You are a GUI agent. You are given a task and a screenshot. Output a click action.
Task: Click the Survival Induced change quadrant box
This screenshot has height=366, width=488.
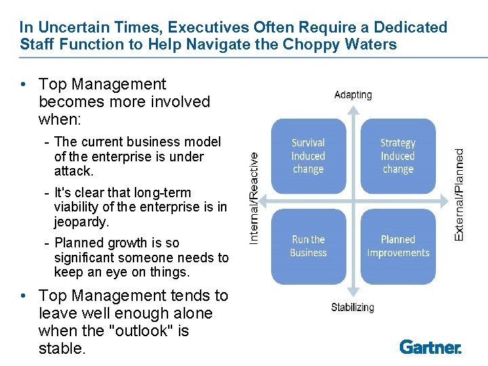(x=308, y=156)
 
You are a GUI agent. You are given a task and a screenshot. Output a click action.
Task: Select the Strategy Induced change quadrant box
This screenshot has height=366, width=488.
(x=398, y=156)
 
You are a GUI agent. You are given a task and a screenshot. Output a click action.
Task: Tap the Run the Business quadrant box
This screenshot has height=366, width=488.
(x=308, y=246)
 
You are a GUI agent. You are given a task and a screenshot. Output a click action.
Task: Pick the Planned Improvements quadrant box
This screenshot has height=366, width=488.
(x=398, y=246)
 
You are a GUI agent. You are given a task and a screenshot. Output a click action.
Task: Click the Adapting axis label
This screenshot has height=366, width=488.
(x=352, y=95)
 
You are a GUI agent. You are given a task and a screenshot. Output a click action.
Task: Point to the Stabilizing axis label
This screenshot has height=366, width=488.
(x=352, y=308)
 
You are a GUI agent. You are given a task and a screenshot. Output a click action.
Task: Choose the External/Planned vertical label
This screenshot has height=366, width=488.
(x=459, y=195)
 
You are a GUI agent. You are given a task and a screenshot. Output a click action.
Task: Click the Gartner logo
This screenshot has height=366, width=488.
(x=430, y=347)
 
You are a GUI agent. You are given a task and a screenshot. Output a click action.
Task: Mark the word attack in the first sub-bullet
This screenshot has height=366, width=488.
(x=73, y=171)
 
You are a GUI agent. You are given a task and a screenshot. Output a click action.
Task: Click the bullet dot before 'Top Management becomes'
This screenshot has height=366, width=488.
(x=24, y=85)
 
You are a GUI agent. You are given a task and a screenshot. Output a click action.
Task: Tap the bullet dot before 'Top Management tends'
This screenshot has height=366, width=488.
(x=24, y=296)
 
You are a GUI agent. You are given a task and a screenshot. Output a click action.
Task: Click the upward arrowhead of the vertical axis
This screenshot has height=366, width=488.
(x=352, y=107)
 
